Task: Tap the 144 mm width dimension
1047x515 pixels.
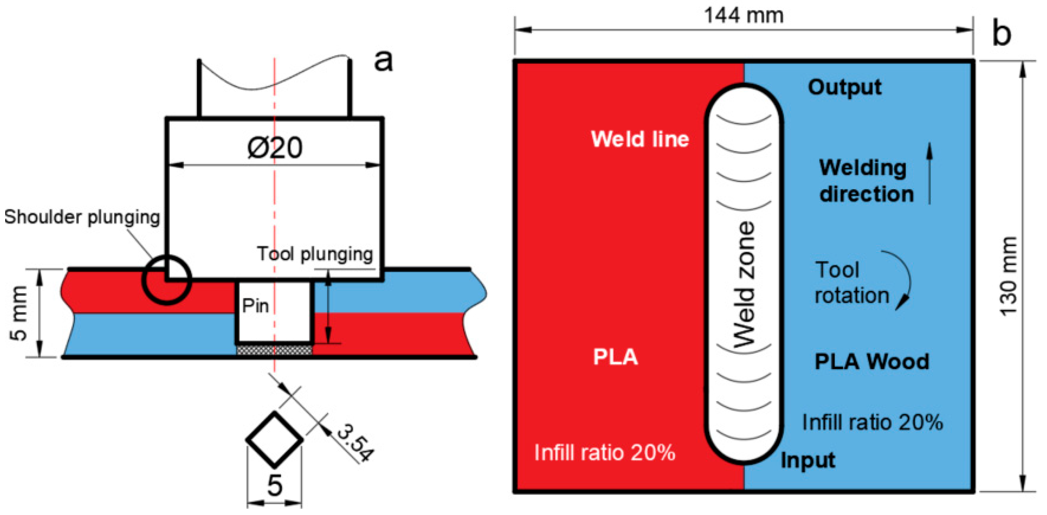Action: pos(743,16)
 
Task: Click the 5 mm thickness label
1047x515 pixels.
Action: pos(19,313)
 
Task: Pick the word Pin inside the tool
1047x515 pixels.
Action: pos(255,306)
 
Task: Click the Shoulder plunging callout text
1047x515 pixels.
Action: pos(82,217)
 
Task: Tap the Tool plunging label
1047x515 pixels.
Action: pos(315,254)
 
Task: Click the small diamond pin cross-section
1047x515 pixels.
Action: pos(275,439)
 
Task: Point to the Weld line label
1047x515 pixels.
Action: pos(640,139)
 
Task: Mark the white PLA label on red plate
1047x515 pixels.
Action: pos(615,357)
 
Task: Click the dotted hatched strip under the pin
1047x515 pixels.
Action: pos(275,349)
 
